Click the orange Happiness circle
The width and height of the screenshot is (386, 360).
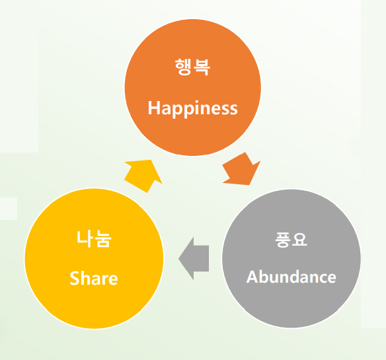(x=193, y=87)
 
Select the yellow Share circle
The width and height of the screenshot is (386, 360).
(x=94, y=258)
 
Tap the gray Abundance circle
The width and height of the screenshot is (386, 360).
(x=291, y=258)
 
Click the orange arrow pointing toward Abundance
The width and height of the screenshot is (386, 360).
(x=241, y=170)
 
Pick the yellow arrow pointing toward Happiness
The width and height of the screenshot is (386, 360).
(x=143, y=176)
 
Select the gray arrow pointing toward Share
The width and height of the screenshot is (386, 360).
(x=194, y=258)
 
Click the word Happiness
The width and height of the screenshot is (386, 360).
(x=193, y=109)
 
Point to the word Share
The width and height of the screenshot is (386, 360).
(x=94, y=278)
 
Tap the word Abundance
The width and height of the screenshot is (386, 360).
(x=291, y=277)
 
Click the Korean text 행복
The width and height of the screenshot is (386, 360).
(x=193, y=67)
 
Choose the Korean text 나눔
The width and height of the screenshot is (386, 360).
(x=94, y=238)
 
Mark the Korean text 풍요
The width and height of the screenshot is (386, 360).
(x=291, y=240)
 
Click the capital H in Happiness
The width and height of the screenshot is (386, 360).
(x=154, y=108)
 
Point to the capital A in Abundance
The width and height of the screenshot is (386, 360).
(x=252, y=277)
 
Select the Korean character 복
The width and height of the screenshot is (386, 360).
(x=202, y=67)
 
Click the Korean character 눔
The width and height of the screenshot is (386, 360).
(x=103, y=238)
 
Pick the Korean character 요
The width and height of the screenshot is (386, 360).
(x=299, y=240)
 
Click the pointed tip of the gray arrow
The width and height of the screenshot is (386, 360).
(x=178, y=259)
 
